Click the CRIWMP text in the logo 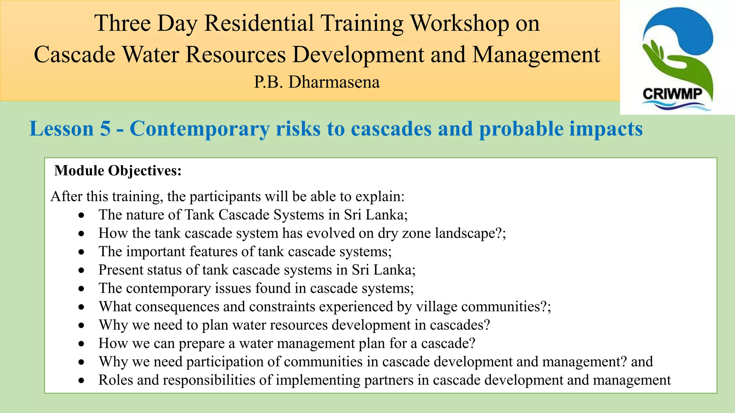672,94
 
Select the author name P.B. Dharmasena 317,82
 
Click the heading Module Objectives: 118,171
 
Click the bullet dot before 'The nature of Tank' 82,215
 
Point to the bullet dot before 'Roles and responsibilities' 82,381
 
